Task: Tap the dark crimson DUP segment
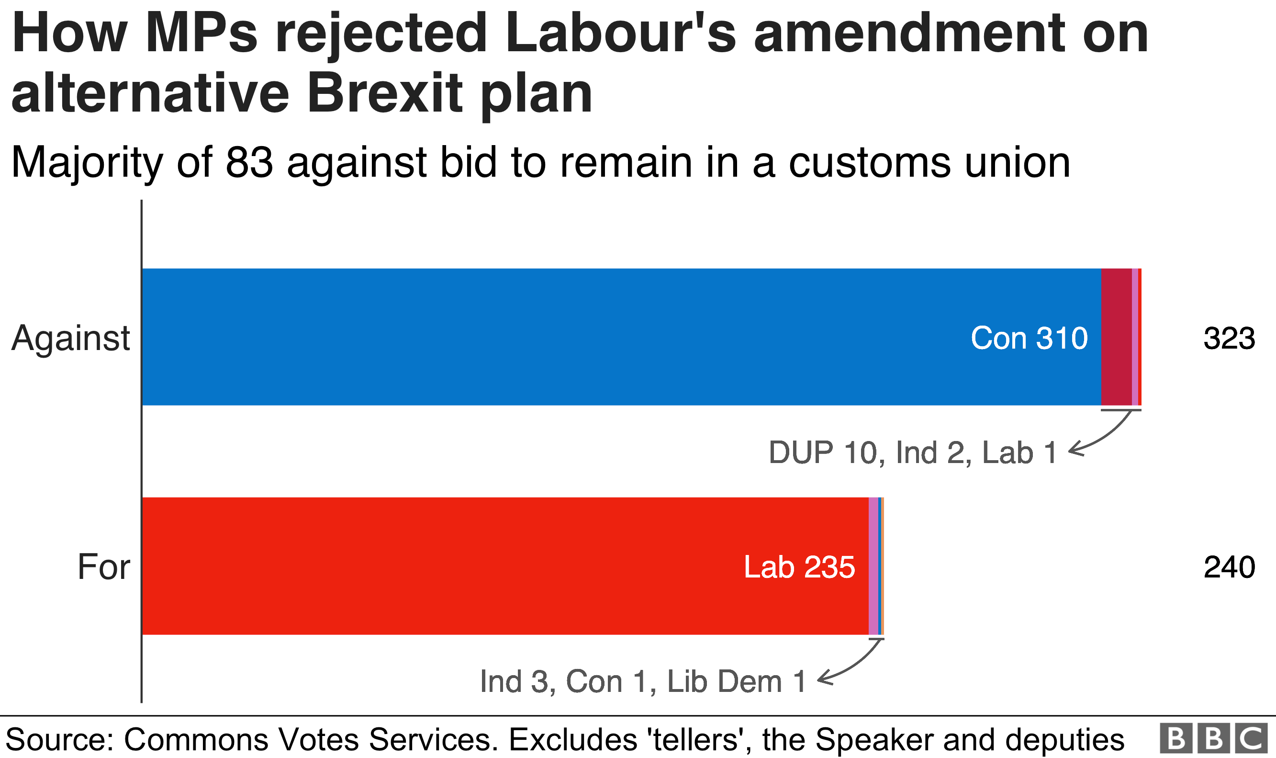click(1116, 337)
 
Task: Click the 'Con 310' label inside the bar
click(1029, 338)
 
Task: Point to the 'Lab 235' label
click(799, 567)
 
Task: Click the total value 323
click(1229, 338)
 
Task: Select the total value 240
click(1229, 567)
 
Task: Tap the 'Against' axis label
click(71, 338)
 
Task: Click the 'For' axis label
click(103, 567)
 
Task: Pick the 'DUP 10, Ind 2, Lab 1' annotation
click(913, 453)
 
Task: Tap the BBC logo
click(1214, 738)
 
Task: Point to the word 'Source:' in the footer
click(59, 739)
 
